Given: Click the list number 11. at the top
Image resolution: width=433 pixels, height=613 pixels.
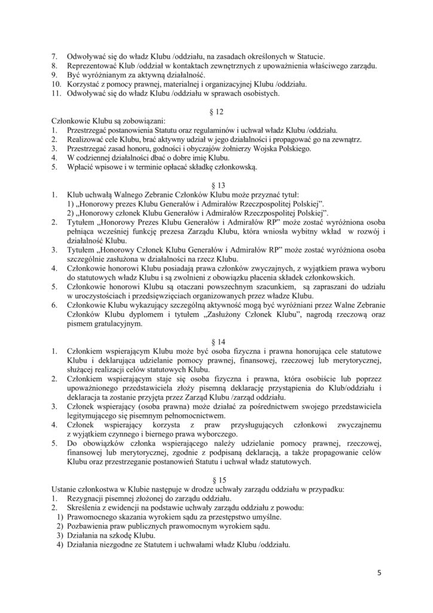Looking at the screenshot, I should [55, 93].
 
